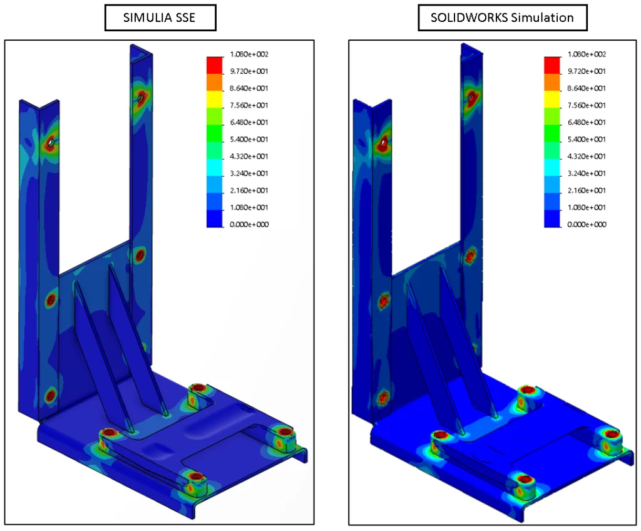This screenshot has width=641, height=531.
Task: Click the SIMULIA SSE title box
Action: pos(160,17)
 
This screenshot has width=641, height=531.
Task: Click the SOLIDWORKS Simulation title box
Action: pos(502,17)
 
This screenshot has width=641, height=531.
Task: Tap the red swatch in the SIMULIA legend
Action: pos(215,64)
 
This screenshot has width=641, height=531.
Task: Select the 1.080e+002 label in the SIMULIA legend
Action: pos(249,54)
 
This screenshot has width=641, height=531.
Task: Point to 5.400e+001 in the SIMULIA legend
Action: pos(249,139)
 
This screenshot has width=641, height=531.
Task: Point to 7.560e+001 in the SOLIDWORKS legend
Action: pos(587,105)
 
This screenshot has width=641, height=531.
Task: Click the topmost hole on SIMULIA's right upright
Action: pos(141,97)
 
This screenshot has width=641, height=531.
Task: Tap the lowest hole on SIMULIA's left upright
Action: pos(50,395)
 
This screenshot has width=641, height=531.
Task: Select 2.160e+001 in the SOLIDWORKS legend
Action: pos(587,190)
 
